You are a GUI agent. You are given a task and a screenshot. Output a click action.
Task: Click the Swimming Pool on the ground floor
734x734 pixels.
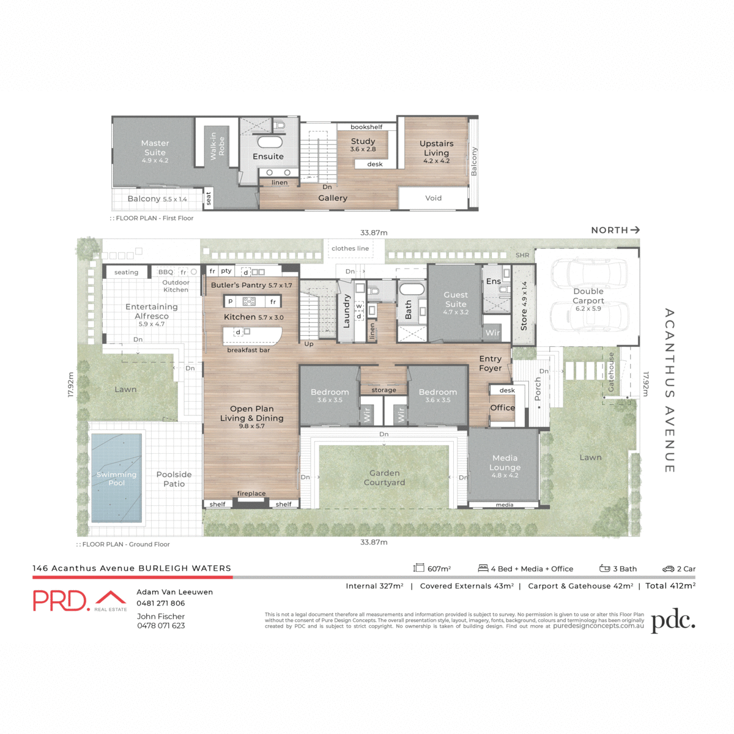coord(116,478)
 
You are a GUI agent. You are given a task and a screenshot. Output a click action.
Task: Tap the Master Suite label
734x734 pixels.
coord(155,147)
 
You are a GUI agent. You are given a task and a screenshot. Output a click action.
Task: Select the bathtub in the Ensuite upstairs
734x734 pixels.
coord(269,142)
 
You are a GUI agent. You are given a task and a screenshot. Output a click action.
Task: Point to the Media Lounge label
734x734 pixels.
coord(505,462)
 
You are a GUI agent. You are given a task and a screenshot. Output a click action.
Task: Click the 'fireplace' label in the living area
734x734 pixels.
coord(251,493)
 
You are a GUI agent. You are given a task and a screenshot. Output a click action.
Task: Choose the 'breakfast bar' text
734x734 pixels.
coord(248,350)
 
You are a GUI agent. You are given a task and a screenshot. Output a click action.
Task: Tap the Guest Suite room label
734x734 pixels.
coord(456,299)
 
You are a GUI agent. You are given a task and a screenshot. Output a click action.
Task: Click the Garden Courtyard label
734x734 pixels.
coord(384,477)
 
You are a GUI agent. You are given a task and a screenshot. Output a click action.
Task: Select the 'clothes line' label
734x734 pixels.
coord(350,248)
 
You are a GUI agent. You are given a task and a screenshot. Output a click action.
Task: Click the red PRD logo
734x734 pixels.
coord(62,601)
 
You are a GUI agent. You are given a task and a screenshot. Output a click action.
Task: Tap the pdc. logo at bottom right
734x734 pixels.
coord(673,620)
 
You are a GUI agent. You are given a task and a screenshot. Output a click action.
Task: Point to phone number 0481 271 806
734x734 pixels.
coord(161,603)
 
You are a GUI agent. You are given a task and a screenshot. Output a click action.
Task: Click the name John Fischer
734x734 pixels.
coord(161,617)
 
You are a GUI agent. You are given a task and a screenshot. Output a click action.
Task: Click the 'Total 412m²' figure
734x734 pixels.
coord(670,586)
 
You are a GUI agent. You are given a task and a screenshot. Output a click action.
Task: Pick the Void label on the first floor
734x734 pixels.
coord(433,198)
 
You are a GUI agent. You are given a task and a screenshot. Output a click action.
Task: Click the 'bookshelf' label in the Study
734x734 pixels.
coord(366,127)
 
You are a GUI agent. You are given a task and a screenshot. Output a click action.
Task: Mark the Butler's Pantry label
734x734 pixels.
coord(251,285)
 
